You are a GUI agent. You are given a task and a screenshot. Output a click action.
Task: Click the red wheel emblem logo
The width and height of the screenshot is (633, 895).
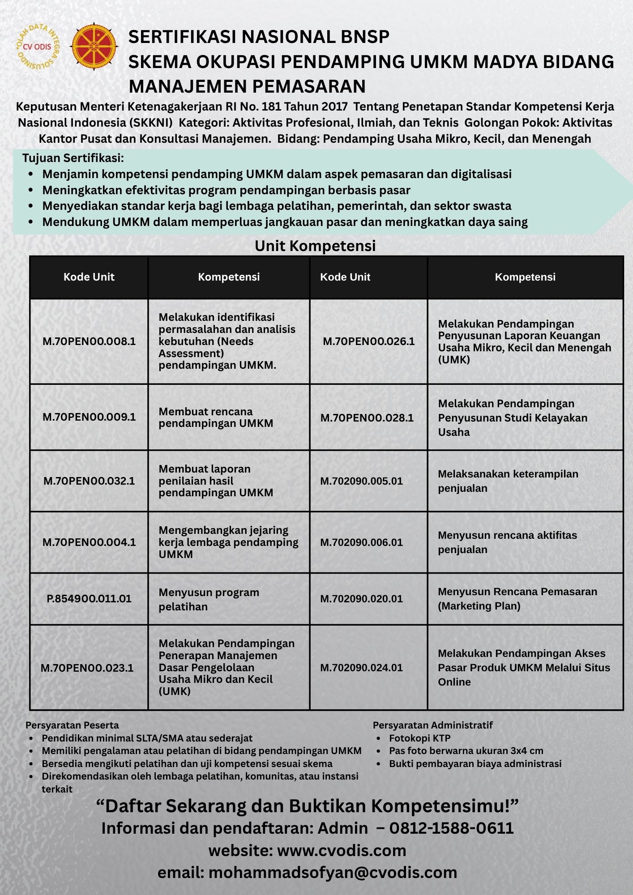(94, 47)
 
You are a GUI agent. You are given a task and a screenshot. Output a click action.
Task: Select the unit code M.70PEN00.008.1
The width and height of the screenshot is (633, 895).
(89, 341)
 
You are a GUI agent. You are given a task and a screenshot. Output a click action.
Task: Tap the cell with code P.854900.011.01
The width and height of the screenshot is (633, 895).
(89, 599)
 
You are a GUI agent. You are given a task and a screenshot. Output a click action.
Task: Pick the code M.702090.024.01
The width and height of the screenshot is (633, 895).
(361, 668)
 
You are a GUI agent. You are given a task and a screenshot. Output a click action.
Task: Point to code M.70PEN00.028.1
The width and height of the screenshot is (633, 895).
(367, 418)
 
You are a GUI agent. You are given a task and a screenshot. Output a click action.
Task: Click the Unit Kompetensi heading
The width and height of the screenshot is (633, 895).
(315, 246)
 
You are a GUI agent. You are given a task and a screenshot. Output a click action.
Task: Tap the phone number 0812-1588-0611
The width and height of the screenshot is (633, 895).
(451, 828)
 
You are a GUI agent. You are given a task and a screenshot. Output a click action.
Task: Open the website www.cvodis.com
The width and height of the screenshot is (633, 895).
(342, 850)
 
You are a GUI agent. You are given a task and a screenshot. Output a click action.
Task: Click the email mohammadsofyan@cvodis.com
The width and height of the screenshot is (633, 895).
(333, 872)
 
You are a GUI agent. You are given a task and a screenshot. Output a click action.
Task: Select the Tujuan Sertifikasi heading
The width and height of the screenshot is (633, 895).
(73, 158)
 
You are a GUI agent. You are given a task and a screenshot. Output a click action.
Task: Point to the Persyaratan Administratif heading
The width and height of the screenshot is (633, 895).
(432, 725)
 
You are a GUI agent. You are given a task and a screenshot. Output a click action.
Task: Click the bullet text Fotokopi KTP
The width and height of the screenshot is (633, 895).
(419, 738)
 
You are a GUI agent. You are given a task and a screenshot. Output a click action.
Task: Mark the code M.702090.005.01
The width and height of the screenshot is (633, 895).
(361, 481)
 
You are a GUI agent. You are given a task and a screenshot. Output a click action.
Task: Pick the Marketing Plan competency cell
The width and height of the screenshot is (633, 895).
(517, 599)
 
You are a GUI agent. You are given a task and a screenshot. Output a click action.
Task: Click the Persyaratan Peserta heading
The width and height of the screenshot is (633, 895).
(72, 725)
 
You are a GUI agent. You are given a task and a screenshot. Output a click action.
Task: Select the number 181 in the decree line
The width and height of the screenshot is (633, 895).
(271, 107)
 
